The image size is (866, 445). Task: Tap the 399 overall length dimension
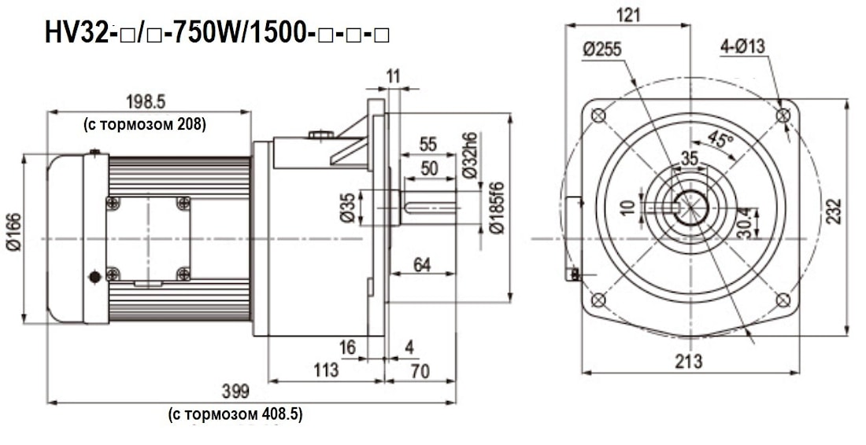point(235,392)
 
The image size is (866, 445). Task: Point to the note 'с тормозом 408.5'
point(235,414)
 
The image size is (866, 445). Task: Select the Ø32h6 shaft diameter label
point(471,156)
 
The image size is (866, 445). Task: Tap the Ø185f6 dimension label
point(497,207)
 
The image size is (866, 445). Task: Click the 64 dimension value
point(422,265)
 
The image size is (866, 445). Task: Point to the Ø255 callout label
point(602,49)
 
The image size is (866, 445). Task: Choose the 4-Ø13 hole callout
point(742,46)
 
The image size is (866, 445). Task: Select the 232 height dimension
point(835,210)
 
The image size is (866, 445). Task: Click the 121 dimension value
point(628,15)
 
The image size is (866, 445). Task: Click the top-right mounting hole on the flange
point(783,115)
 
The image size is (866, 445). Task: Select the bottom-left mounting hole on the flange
point(598,300)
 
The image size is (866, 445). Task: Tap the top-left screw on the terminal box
point(113,204)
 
